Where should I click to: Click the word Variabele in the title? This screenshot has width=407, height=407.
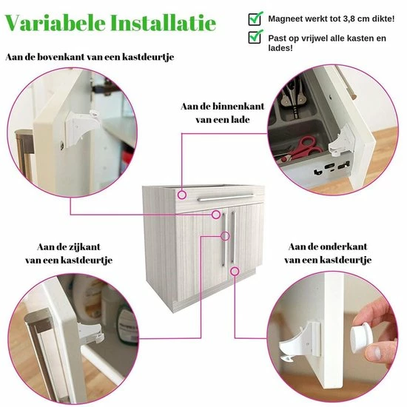[x=55, y=24]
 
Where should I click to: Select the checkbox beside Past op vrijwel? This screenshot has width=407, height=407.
[x=255, y=36]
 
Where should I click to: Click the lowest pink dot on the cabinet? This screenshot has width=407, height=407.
[x=235, y=271]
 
